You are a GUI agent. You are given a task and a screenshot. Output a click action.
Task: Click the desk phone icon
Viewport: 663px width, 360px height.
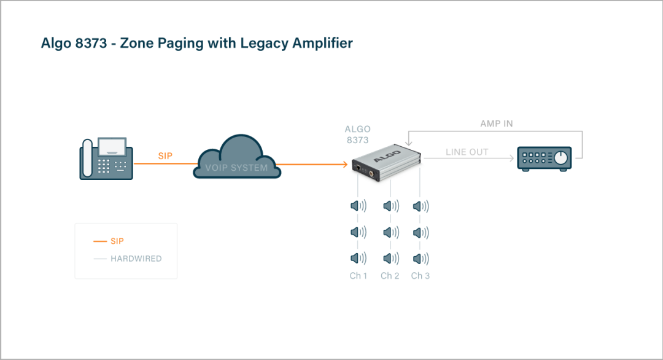107,158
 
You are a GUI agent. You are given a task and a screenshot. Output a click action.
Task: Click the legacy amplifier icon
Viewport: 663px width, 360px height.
544,158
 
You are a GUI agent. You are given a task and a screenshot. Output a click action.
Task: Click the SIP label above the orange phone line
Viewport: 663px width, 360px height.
165,156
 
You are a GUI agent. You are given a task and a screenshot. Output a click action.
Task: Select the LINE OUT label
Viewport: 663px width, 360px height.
467,152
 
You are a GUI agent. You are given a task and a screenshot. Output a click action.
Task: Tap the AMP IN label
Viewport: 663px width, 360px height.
496,123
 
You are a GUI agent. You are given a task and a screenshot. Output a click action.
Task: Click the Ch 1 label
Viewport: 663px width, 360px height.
359,276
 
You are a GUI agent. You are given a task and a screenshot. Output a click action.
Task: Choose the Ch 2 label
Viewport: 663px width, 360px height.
390,276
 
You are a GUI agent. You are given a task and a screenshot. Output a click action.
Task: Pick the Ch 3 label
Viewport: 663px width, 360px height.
421,276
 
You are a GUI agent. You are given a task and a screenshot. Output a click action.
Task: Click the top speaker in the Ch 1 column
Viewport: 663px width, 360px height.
358,206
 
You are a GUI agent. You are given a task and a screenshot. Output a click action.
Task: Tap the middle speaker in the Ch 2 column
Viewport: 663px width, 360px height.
389,232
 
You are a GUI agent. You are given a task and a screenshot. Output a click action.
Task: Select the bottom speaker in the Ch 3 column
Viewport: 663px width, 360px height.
421,259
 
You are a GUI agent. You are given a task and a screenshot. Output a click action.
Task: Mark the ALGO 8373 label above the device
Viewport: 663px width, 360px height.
357,135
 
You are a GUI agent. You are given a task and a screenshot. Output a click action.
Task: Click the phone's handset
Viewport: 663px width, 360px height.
87,158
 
